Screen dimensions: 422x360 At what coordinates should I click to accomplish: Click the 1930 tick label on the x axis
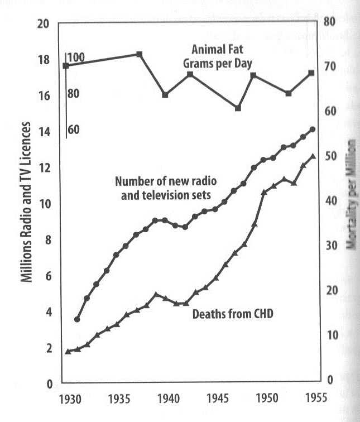pyautogui.click(x=69, y=400)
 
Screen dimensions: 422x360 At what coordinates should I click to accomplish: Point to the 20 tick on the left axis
pyautogui.click(x=44, y=24)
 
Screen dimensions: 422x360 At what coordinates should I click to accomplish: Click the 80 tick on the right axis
pyautogui.click(x=329, y=22)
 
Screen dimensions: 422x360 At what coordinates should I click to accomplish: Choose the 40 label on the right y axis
pyautogui.click(x=329, y=200)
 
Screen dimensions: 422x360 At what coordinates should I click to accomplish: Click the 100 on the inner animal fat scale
pyautogui.click(x=76, y=57)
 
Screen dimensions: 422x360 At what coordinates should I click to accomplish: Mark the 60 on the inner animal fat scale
pyautogui.click(x=74, y=130)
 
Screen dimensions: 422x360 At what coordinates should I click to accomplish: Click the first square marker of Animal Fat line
pyautogui.click(x=66, y=66)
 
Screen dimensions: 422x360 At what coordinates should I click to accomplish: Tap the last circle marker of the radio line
pyautogui.click(x=313, y=130)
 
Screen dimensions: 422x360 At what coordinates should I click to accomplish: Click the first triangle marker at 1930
pyautogui.click(x=68, y=352)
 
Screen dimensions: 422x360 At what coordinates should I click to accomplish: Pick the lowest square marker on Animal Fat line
pyautogui.click(x=238, y=108)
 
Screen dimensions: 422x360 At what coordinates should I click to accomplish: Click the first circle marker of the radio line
pyautogui.click(x=77, y=319)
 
